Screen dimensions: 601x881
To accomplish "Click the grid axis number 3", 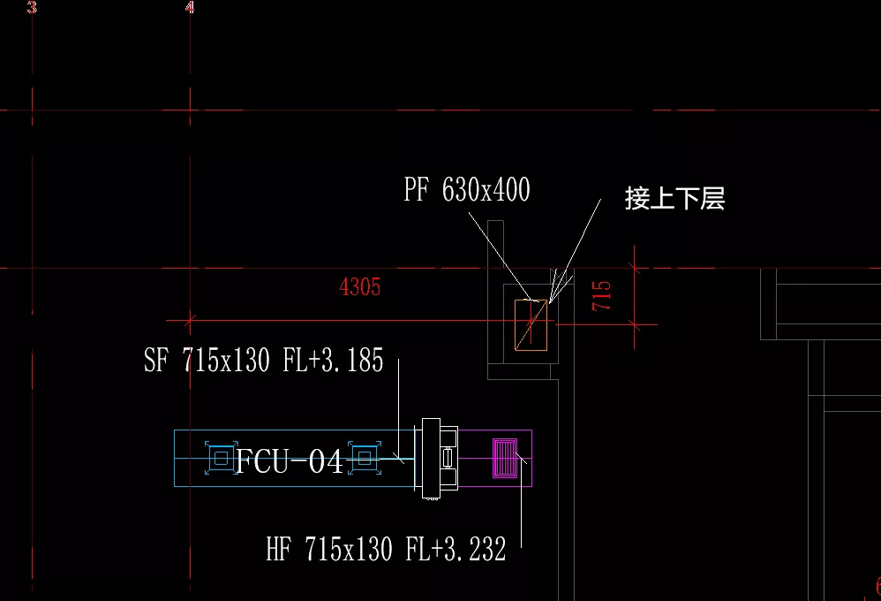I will coord(32,9).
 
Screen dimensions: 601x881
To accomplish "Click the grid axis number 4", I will coord(190,9).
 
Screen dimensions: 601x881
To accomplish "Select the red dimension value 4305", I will coord(360,286).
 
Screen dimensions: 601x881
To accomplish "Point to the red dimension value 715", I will coord(602,295).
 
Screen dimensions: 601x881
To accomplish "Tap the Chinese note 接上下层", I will coord(674,198).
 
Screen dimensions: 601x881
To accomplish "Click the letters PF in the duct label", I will coord(417,190).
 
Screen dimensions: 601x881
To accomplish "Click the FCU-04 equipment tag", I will coord(290,460).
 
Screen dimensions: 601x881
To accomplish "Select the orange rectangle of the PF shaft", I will coord(531,324).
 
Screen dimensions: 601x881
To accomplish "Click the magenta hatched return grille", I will coord(508,458).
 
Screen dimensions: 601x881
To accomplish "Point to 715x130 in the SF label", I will coord(225,361).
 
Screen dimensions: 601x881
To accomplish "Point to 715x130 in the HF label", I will coord(348,550).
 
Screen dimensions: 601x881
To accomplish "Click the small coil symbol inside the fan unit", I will coord(447,458).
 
